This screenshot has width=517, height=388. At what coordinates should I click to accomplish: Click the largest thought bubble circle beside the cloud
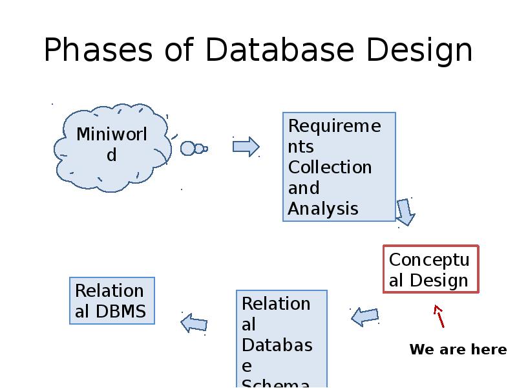(187, 149)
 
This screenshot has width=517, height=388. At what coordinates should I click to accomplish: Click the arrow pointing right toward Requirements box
(246, 147)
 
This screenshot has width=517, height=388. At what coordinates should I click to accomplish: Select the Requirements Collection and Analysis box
(339, 167)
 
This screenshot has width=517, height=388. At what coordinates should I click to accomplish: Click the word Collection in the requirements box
(330, 167)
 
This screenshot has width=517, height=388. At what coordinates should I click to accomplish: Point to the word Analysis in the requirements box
(322, 209)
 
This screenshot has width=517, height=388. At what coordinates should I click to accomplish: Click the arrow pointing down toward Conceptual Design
(405, 211)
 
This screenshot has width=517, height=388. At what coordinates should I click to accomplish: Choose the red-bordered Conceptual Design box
(430, 270)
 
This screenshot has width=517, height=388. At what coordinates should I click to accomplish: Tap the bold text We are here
(458, 350)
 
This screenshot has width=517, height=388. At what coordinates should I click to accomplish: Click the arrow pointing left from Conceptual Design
(365, 316)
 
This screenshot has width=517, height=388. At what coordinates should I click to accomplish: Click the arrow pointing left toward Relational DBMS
(194, 322)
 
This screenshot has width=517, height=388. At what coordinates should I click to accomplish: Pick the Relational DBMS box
(112, 301)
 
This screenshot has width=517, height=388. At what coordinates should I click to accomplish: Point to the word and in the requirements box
(304, 188)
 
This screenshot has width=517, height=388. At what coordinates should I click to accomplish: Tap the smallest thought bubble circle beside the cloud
(206, 149)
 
